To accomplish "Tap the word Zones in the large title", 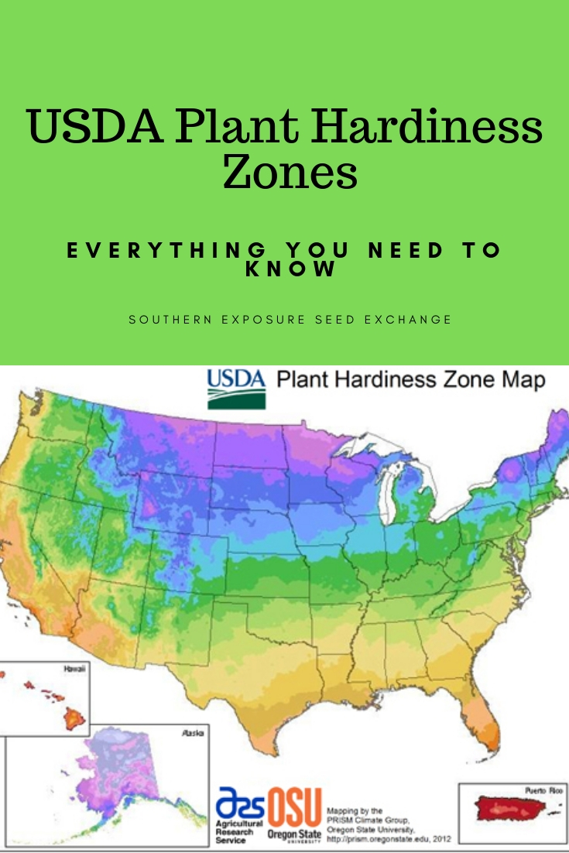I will pyautogui.click(x=290, y=173).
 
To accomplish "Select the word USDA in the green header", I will pyautogui.click(x=96, y=126).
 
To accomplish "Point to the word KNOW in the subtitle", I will pyautogui.click(x=291, y=269).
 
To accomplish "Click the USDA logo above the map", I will pyautogui.click(x=236, y=389).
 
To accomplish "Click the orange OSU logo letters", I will pyautogui.click(x=294, y=807).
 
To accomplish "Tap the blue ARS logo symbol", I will pyautogui.click(x=240, y=802).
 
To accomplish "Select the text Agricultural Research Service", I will pyautogui.click(x=240, y=832).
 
